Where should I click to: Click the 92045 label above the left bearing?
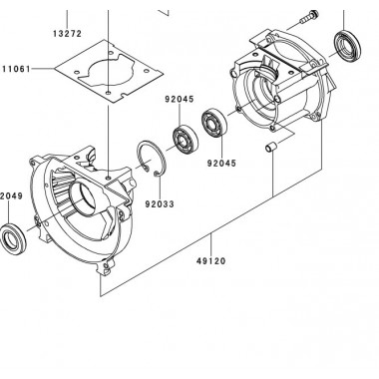182,100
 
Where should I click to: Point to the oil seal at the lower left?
17,239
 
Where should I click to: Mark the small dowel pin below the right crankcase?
268,150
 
